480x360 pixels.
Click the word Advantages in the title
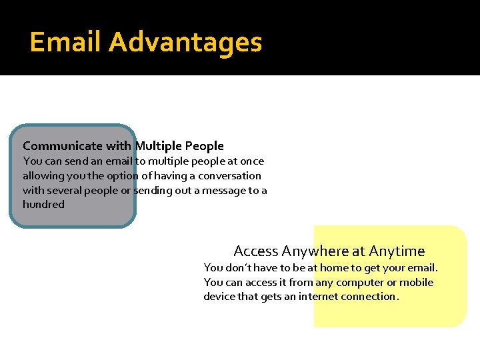(185, 42)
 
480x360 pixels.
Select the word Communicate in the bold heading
(63, 145)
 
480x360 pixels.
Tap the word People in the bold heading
(204, 145)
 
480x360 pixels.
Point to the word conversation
(229, 176)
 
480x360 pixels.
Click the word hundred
(43, 205)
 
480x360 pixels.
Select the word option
(121, 176)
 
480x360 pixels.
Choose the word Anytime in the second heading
(397, 251)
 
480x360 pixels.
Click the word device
(220, 297)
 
